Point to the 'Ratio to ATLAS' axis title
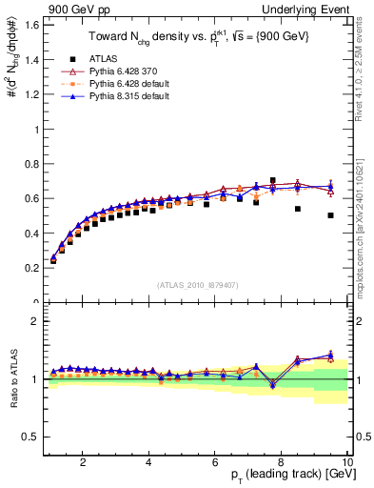pos(13,378)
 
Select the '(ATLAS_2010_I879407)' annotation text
pos(197,285)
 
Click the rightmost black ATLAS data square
pos(330,215)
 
